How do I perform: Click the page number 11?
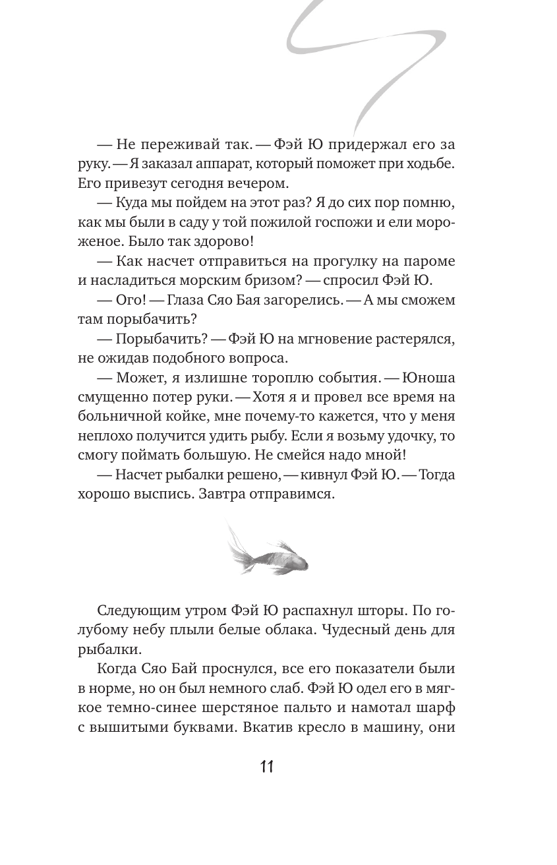267,766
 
